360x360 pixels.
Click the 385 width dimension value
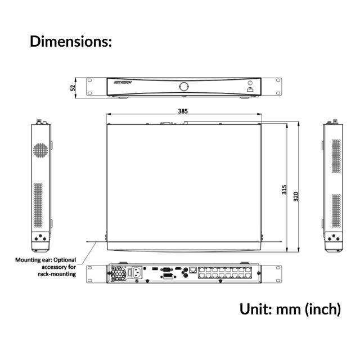click(x=183, y=111)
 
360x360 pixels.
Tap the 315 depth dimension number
click(x=285, y=190)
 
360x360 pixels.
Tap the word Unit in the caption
click(x=256, y=309)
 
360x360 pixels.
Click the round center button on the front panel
click(x=183, y=86)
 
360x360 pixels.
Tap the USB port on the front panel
click(x=250, y=89)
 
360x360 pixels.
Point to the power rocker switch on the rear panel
click(x=133, y=273)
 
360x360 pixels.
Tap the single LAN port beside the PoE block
click(x=193, y=270)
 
